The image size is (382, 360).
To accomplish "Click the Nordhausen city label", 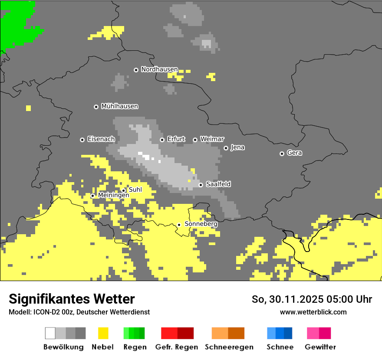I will click(159, 69).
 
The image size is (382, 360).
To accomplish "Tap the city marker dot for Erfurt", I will click(162, 140).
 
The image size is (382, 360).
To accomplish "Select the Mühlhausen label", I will click(119, 106).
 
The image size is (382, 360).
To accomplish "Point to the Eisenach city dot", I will click(82, 140).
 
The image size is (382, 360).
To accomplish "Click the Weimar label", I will click(212, 139).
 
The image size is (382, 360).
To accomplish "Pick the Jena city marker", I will click(226, 148).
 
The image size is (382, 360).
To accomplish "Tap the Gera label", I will click(294, 153).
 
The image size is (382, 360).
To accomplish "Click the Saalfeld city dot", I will click(201, 185).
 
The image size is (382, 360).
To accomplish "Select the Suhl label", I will click(135, 190).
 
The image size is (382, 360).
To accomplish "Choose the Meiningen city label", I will click(113, 196).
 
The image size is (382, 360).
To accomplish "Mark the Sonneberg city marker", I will click(179, 225).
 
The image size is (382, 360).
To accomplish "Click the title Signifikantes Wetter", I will click(72, 299).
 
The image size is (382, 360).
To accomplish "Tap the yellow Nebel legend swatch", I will click(103, 333).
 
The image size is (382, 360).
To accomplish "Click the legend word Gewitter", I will click(320, 347).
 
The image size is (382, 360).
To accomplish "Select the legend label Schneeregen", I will click(229, 347).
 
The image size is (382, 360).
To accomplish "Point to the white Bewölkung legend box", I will click(50, 333).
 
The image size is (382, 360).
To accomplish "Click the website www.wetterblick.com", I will click(313, 312).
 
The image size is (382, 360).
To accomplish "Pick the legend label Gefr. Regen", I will click(177, 347).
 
